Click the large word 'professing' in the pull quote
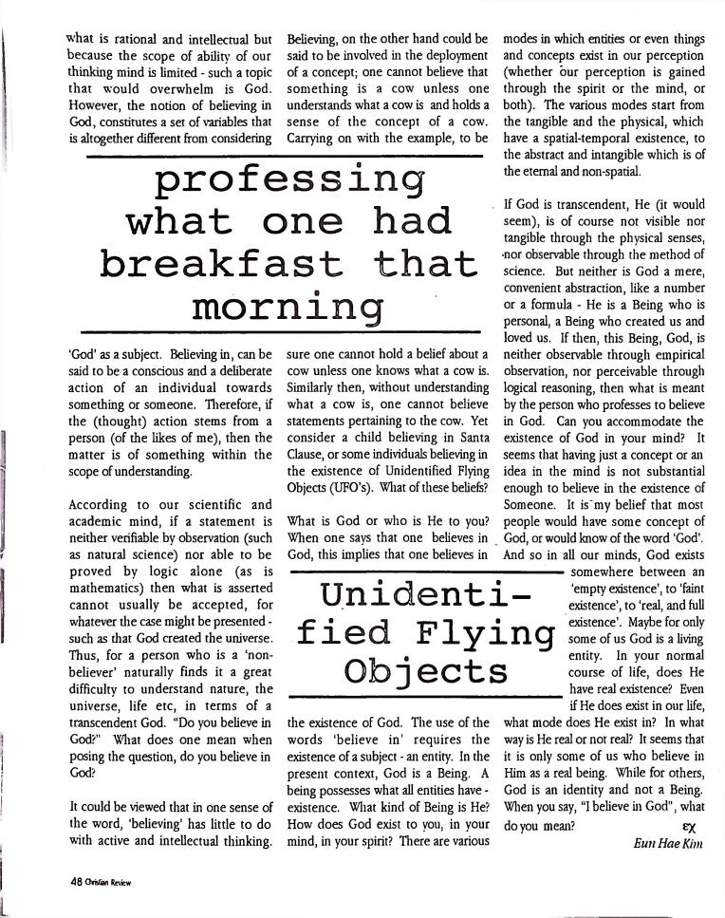click(288, 178)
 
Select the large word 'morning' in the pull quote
click(288, 307)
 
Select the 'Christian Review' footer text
click(107, 881)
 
